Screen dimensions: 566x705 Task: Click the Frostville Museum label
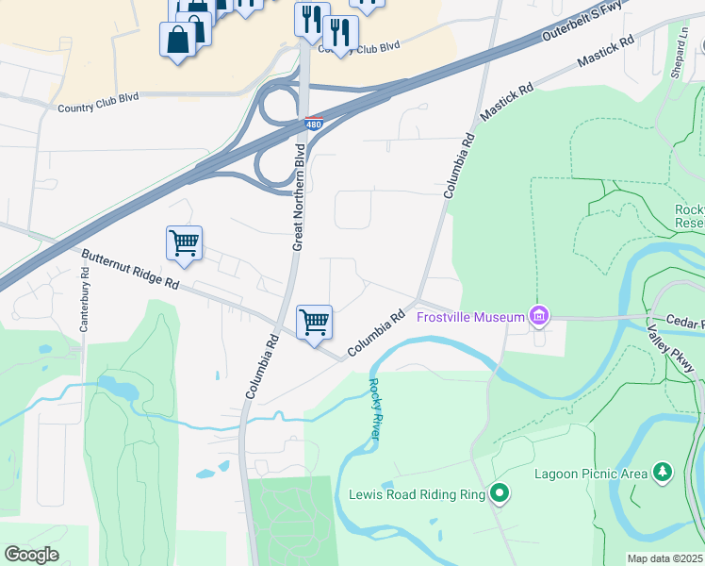[470, 317]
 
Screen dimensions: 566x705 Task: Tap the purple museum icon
[539, 315]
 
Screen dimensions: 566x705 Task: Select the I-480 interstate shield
[315, 124]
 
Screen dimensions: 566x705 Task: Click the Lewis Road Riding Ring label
[417, 493]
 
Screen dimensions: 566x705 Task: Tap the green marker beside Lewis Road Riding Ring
[500, 492]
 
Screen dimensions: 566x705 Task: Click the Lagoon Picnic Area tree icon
[664, 471]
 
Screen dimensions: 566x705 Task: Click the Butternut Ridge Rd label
[129, 270]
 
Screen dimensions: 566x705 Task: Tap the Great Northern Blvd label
[299, 197]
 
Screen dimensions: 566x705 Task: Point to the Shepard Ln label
[680, 41]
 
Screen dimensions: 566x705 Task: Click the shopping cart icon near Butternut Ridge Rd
[184, 243]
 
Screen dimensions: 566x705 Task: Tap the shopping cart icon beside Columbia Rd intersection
[314, 322]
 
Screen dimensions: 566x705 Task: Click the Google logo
[30, 554]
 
